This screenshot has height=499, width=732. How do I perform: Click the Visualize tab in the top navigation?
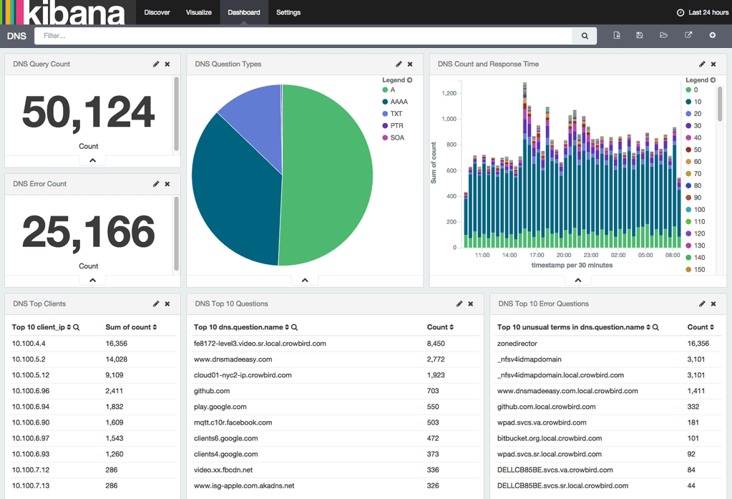click(198, 12)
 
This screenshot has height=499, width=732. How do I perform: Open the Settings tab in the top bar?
click(288, 12)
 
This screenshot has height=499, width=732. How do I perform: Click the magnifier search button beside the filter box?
click(585, 36)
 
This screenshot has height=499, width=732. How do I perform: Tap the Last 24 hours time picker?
click(703, 12)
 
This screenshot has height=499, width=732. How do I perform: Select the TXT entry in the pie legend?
click(396, 114)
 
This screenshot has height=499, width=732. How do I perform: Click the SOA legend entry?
click(396, 137)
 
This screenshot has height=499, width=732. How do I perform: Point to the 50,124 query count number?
click(89, 112)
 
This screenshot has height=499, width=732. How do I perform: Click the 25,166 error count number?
click(89, 232)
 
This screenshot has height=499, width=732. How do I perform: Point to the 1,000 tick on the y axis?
click(446, 119)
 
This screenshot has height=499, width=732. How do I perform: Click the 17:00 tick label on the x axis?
click(537, 255)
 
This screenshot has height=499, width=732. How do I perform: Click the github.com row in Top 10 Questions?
click(212, 391)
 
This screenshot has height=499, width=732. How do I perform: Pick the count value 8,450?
click(436, 344)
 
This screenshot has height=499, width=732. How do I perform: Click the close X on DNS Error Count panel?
click(167, 184)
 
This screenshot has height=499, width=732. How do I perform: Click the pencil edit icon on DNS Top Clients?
click(156, 304)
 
